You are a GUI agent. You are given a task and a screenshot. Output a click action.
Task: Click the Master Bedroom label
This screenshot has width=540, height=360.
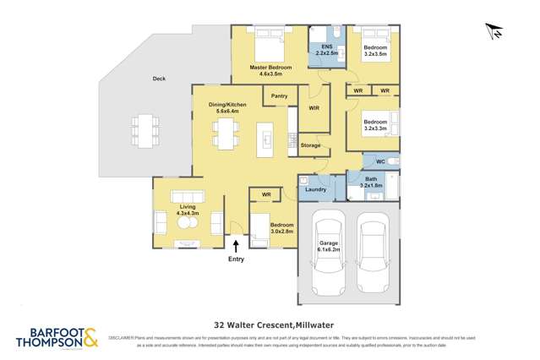pyautogui.click(x=270, y=70)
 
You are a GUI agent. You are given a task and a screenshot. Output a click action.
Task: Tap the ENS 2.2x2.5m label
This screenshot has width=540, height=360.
pyautogui.click(x=326, y=49)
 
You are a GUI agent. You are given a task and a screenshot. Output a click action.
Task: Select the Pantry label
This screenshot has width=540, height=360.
pyautogui.click(x=279, y=96)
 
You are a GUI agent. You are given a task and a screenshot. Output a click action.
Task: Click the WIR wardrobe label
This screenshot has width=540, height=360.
pyautogui.click(x=314, y=108)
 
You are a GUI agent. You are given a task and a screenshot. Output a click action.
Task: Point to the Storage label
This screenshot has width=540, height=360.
pyautogui.click(x=311, y=145)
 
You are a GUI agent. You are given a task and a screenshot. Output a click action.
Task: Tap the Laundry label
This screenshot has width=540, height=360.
pyautogui.click(x=316, y=190)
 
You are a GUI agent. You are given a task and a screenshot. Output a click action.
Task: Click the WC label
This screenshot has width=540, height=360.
pyautogui.click(x=379, y=161)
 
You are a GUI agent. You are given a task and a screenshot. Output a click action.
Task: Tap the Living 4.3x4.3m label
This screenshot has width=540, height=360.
pyautogui.click(x=187, y=210)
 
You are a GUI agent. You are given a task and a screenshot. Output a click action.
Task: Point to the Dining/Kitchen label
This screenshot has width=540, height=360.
pyautogui.click(x=228, y=107)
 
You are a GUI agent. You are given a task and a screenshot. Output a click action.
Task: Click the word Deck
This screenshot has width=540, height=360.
pyautogui.click(x=159, y=79)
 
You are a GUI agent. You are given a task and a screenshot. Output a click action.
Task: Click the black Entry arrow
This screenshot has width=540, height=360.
pyautogui.click(x=236, y=245)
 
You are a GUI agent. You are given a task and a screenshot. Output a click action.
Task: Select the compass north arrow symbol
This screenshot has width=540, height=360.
pyautogui.click(x=494, y=31)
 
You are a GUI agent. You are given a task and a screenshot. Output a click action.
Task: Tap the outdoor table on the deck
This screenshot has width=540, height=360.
pyautogui.click(x=145, y=131)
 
